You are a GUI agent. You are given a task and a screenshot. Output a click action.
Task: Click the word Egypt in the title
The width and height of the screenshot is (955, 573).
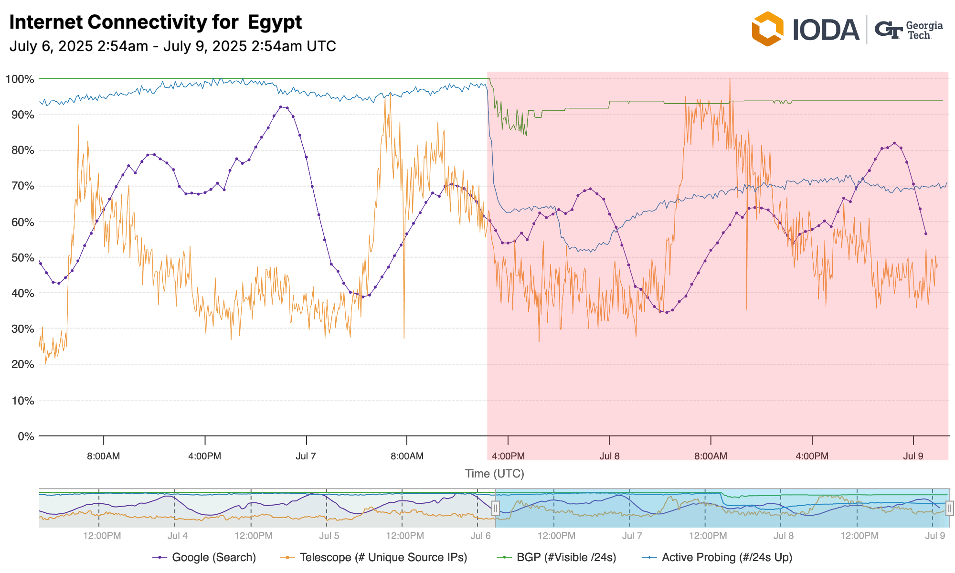pos(275,22)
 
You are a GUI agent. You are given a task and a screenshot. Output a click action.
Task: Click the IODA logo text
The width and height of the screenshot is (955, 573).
pos(826,30)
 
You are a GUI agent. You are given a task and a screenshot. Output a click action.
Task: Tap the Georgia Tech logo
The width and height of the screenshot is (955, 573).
pos(908,30)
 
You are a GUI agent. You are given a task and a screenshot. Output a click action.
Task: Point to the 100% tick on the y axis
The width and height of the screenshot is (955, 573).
pos(20,79)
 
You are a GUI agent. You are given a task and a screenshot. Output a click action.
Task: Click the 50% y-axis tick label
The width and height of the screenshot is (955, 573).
pos(21,258)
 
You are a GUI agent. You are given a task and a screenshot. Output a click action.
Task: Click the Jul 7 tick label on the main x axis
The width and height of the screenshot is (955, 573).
pos(306,456)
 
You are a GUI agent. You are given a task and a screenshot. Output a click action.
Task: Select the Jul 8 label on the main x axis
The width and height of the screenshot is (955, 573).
pos(609,456)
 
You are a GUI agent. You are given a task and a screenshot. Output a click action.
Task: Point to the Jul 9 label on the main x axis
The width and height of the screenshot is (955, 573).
pos(913,456)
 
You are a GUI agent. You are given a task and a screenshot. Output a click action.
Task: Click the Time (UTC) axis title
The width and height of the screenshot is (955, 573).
pos(494,474)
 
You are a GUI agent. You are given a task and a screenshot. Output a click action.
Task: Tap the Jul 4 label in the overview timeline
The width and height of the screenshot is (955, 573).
pos(177,536)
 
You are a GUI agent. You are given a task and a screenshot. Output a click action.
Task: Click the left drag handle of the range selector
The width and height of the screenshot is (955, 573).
pos(496,509)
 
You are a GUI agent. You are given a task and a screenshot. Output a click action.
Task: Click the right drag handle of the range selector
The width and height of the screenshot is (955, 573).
pos(949,509)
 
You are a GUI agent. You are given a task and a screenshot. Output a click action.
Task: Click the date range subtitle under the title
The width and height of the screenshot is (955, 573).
pos(172,46)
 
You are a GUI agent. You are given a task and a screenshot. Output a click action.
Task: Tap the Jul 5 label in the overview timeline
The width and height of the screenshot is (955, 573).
pos(329,536)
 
